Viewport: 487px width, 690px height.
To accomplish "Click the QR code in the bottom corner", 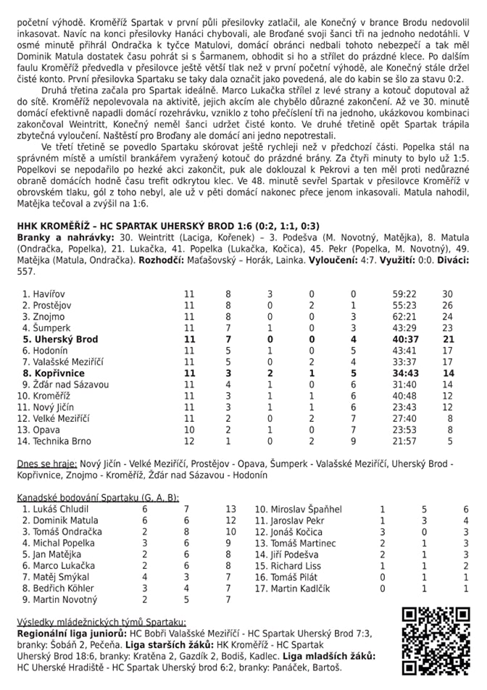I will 436,641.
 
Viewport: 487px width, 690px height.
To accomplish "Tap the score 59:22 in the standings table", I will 404,294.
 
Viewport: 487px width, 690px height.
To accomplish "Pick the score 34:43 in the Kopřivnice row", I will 404,373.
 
